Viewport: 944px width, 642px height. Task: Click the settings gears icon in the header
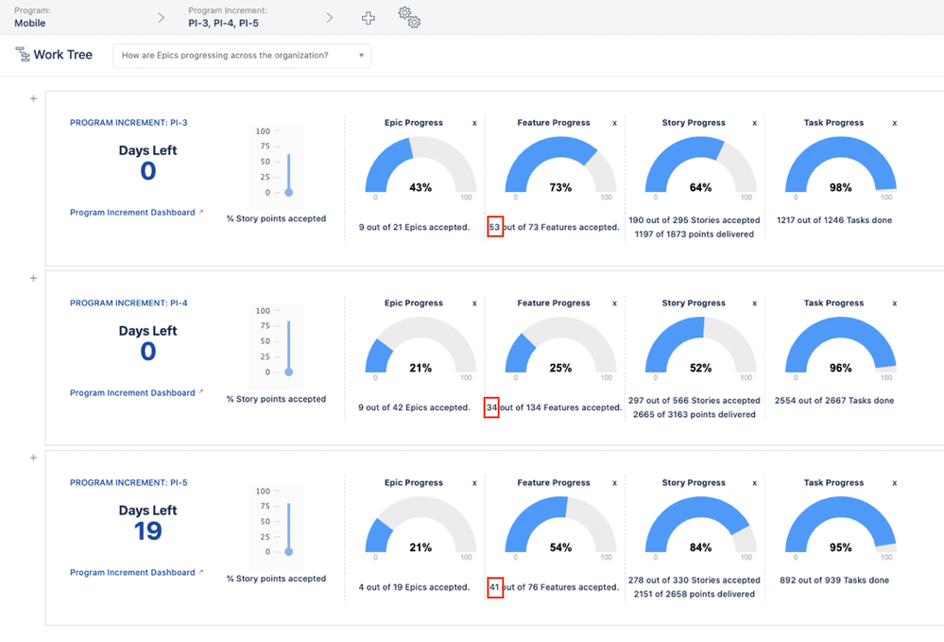point(409,17)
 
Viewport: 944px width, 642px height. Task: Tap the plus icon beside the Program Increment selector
point(369,18)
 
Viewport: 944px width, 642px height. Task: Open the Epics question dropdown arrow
point(361,56)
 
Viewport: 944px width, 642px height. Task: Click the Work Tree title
point(62,55)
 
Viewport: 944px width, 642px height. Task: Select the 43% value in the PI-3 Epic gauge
point(421,188)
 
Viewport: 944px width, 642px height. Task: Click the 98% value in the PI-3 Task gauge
point(840,188)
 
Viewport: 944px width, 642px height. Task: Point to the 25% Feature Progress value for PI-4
point(560,368)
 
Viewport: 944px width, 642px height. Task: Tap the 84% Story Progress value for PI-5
point(700,547)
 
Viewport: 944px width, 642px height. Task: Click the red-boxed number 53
point(494,227)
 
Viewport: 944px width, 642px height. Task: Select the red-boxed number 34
point(491,408)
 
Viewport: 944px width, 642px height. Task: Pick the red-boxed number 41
point(494,587)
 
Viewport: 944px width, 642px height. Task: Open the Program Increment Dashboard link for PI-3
point(132,213)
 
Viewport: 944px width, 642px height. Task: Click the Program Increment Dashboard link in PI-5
point(132,572)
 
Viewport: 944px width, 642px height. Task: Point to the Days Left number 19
point(147,531)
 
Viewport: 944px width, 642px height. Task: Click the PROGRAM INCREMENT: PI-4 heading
point(129,304)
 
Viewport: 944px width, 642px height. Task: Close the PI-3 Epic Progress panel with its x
point(474,123)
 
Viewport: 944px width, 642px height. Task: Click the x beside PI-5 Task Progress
point(894,483)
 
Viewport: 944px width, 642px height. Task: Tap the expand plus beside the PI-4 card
point(34,278)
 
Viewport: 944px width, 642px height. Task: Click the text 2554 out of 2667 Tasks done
point(833,401)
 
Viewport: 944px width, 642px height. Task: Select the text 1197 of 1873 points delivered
point(694,234)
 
